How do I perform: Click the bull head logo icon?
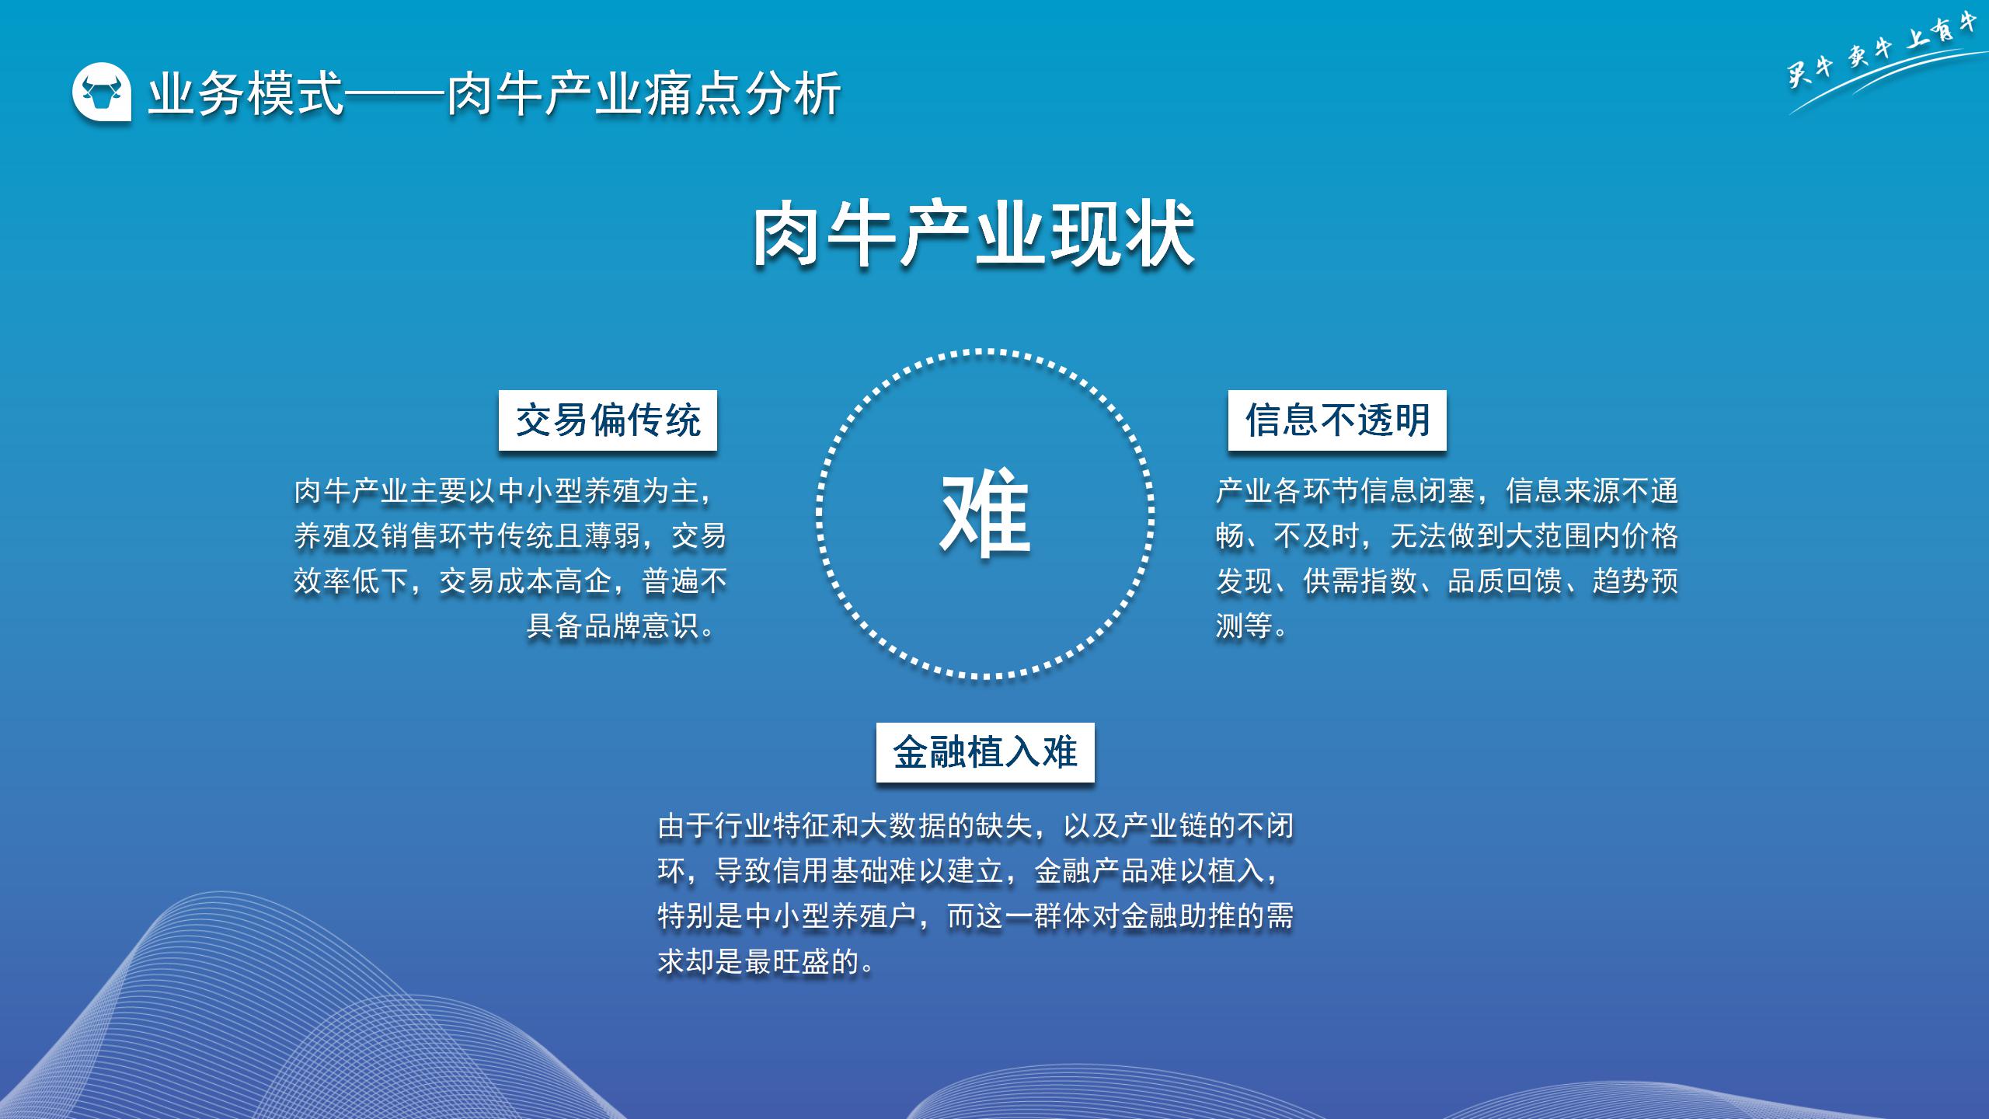coord(102,92)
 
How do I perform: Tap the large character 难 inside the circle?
coord(985,513)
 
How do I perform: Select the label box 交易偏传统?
coord(608,420)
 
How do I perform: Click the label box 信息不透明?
coord(1337,420)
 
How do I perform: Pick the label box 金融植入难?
coord(985,752)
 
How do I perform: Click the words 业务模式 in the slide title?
coord(246,94)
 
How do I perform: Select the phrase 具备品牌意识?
coord(613,626)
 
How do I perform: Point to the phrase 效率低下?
coord(351,580)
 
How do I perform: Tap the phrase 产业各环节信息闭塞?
coord(1345,491)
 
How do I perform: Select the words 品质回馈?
coord(1505,580)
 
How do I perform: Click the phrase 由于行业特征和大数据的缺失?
coord(845,826)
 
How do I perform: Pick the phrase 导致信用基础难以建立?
coord(859,871)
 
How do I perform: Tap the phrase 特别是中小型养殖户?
coord(787,916)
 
